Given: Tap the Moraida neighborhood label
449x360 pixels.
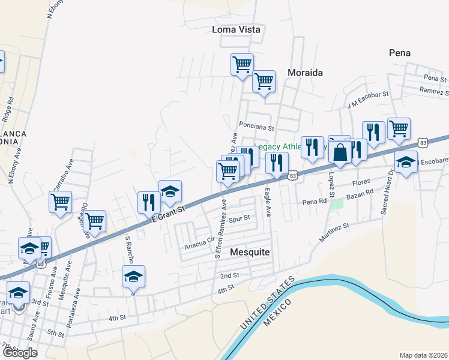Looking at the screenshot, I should coord(305,73).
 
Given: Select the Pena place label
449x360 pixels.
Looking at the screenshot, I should coord(400,53).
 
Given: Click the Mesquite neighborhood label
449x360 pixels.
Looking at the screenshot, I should coord(250,252).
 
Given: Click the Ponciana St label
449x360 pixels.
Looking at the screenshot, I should coord(256,127).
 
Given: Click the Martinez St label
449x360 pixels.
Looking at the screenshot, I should coord(334,232).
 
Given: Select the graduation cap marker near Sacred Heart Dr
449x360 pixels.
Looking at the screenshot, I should coord(406,161).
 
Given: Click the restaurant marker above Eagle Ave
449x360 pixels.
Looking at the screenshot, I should coord(277,162).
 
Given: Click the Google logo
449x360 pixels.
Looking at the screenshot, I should coord(19,353).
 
